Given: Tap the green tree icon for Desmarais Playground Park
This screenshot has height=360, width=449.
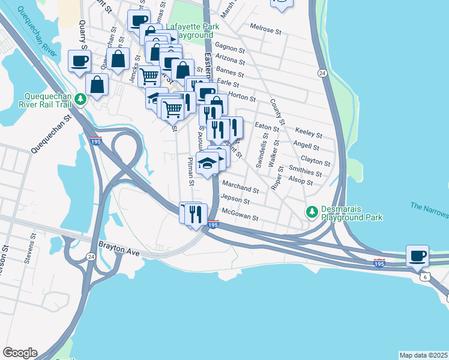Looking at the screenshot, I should click(x=312, y=212).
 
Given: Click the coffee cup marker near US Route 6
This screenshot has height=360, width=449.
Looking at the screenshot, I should click(x=418, y=256).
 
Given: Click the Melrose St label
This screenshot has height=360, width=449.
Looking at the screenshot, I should click(x=265, y=29).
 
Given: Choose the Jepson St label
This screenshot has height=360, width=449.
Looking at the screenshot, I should click(x=235, y=199).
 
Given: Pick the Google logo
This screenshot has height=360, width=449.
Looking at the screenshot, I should click(x=19, y=353).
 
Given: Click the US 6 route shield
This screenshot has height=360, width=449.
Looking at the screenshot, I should click(x=425, y=277).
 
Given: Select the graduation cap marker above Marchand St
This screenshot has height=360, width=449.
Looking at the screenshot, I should click(x=207, y=163).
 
